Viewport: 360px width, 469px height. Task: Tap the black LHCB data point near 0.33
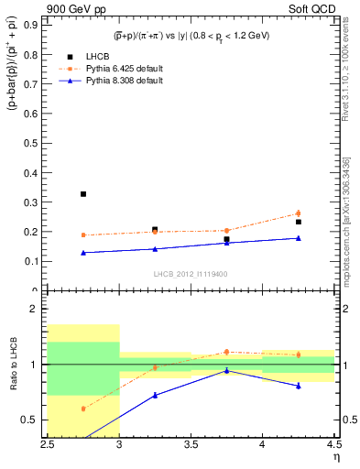tap(83, 194)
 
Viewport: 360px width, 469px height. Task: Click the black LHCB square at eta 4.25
tap(298, 222)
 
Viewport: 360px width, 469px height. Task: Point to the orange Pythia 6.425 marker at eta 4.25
tap(298, 213)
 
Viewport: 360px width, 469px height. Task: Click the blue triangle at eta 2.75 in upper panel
tap(83, 253)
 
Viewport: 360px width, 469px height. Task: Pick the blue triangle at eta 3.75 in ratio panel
tap(226, 371)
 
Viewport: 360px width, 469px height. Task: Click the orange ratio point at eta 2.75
tap(83, 409)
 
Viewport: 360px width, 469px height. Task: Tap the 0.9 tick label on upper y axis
tap(35, 25)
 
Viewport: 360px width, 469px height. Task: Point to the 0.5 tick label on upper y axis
tap(35, 143)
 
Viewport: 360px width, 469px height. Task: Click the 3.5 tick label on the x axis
tap(191, 446)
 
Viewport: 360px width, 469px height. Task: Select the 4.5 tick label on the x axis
tap(333, 446)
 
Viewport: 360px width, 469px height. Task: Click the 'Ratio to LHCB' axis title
tap(13, 365)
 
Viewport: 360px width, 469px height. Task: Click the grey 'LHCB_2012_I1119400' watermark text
tap(191, 274)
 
